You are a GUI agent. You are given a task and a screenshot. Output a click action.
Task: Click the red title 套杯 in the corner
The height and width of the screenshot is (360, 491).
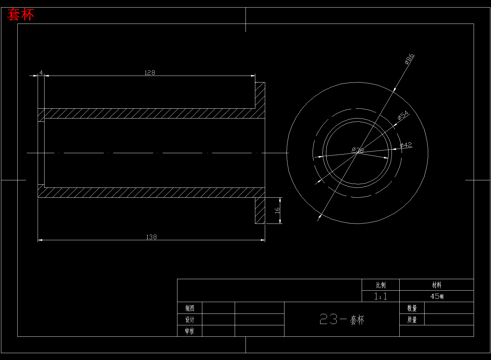[x=21, y=15]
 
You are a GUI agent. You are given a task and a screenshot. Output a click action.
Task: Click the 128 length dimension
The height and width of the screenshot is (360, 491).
[x=150, y=73]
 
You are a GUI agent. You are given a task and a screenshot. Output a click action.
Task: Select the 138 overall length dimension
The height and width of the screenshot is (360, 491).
[x=151, y=237]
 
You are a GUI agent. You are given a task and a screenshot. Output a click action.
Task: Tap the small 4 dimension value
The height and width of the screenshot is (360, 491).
[x=41, y=72]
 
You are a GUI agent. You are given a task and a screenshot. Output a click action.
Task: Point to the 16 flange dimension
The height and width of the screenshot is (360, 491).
[x=277, y=210]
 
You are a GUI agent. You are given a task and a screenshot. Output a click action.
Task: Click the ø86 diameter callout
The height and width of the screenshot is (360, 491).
[x=409, y=59]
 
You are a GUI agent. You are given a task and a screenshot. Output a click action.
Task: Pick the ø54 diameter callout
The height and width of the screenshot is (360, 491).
[x=403, y=115]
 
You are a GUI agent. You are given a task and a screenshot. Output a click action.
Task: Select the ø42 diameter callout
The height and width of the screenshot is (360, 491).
[x=406, y=145]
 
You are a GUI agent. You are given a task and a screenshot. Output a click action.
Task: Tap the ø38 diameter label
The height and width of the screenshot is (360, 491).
[x=357, y=150]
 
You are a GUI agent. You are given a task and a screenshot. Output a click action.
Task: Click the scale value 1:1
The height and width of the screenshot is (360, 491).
[x=380, y=296]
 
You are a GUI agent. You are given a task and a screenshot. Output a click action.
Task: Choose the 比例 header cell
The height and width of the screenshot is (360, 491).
[x=381, y=285]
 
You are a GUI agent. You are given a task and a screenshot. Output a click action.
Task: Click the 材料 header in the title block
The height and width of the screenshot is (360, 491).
[x=436, y=285]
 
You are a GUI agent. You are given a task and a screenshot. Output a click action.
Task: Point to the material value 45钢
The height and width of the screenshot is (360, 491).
[x=437, y=296]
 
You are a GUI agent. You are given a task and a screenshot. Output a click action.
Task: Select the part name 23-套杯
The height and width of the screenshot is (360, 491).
[x=342, y=319]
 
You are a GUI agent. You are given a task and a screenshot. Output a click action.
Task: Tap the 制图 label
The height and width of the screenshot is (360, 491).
[x=190, y=308]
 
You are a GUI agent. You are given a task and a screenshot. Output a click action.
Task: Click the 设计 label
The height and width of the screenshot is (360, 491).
[x=190, y=319]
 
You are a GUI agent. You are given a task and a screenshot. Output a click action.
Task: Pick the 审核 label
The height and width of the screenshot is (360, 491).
[x=190, y=331]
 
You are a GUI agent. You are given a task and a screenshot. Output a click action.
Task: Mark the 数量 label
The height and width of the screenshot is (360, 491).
[x=412, y=308]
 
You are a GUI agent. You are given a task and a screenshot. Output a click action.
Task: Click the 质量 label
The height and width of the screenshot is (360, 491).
[x=412, y=319]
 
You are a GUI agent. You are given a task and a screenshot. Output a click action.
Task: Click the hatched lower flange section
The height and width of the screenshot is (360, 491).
[x=260, y=210]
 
